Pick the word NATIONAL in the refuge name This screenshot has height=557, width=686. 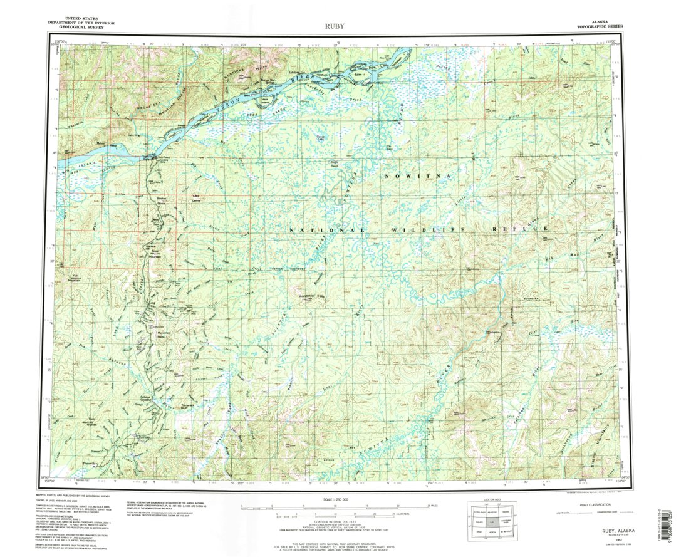319,231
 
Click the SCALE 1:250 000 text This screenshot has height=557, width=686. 336,499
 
